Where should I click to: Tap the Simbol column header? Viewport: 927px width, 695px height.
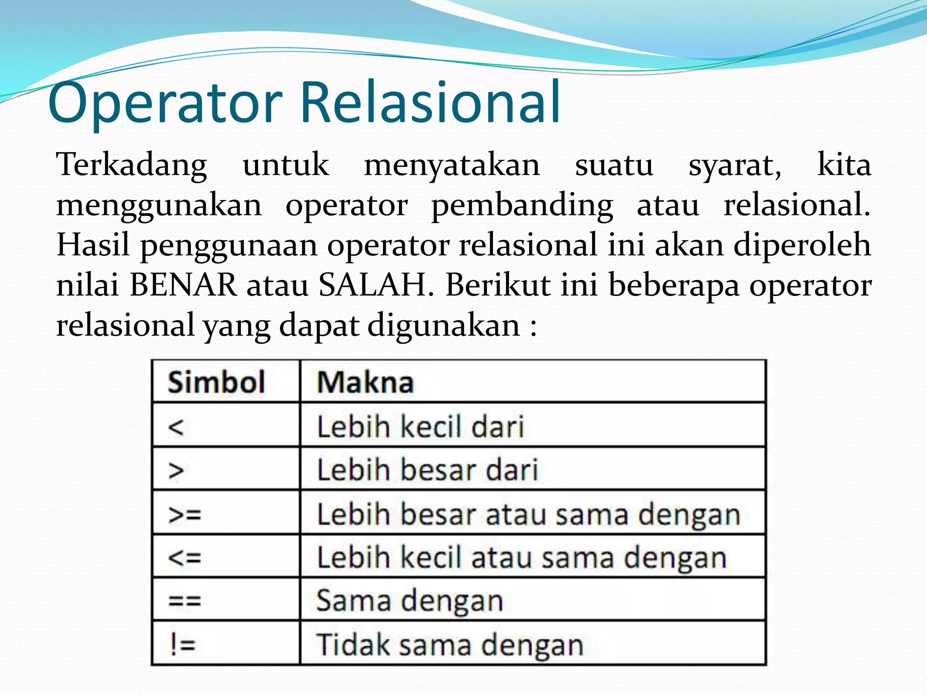click(x=216, y=382)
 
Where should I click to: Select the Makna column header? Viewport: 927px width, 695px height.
click(x=365, y=382)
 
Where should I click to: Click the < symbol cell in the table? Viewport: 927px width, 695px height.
click(x=176, y=427)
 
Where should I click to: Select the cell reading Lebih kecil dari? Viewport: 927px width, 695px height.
click(x=420, y=427)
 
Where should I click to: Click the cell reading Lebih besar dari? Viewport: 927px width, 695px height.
click(x=427, y=470)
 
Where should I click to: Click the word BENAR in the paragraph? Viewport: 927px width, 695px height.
click(x=183, y=285)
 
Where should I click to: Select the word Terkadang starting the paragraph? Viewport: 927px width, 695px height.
click(x=131, y=165)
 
